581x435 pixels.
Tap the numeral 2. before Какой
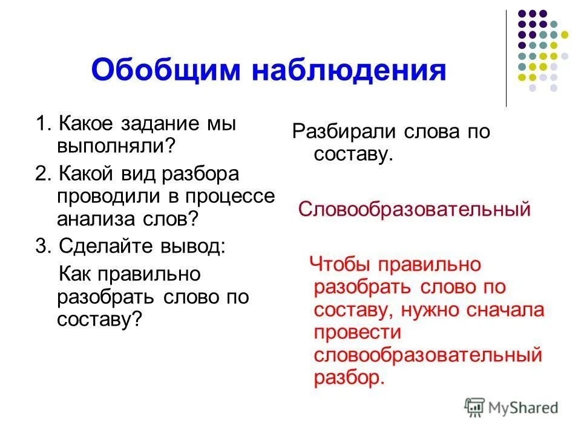[x=42, y=175]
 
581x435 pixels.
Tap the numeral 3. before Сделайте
[x=42, y=246]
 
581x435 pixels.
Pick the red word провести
[x=358, y=332]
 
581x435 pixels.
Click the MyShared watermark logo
[x=511, y=407]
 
